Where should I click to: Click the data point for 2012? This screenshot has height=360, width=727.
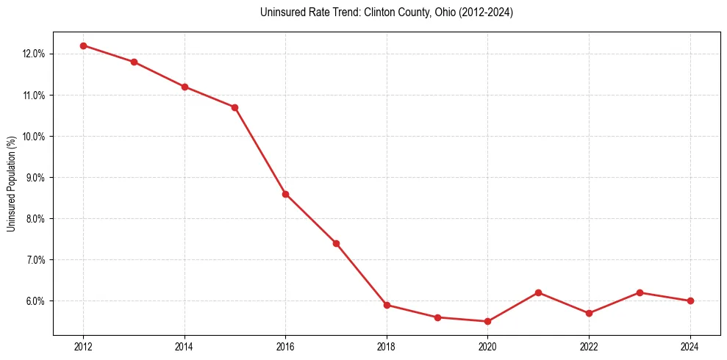pos(83,46)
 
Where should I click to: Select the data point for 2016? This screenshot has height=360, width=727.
pos(285,194)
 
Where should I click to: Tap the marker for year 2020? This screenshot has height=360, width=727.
pos(487,321)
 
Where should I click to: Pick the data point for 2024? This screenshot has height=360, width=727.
pos(690,300)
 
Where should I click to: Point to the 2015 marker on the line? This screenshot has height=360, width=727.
pos(234,107)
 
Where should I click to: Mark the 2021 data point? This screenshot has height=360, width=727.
pos(538,292)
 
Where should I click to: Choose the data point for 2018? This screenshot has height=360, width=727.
pos(387,305)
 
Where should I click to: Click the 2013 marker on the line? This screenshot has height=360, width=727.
pos(134,62)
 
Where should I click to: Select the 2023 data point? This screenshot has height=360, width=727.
pos(640,292)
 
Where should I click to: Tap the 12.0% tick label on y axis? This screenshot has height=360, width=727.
pos(35,54)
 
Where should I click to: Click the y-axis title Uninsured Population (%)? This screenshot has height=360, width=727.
pos(11,184)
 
